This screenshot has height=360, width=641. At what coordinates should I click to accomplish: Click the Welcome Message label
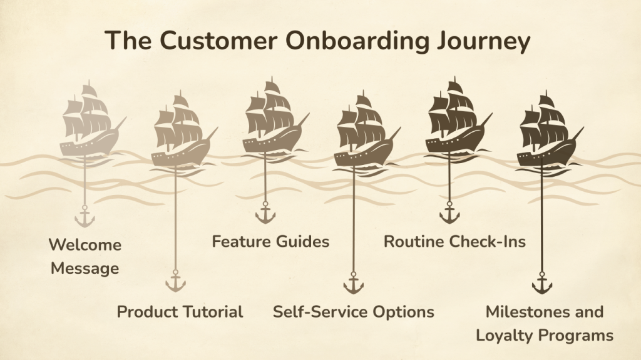(x=85, y=256)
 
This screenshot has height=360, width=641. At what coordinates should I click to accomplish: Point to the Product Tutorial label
(x=180, y=311)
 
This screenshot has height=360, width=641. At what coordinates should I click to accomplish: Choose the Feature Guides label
(x=270, y=241)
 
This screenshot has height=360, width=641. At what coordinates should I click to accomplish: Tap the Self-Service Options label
(x=353, y=311)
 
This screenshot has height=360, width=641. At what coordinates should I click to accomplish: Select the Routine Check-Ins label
(x=454, y=241)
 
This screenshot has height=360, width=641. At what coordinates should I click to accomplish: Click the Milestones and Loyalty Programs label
(x=544, y=323)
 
